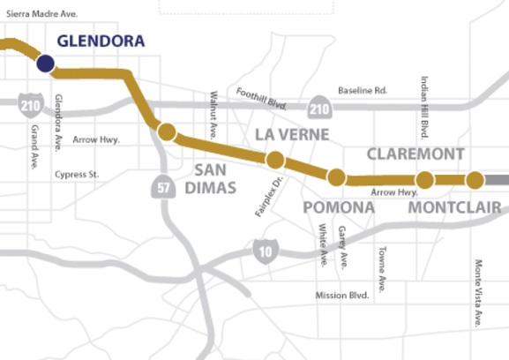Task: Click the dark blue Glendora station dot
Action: click(x=45, y=64)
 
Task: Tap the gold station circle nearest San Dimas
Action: click(x=167, y=133)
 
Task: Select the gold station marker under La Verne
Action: click(x=274, y=160)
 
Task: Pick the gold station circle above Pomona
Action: click(x=336, y=177)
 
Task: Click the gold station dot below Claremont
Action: click(x=424, y=180)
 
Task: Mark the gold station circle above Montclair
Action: click(x=475, y=181)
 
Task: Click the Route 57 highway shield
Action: click(x=161, y=188)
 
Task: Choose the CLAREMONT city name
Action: click(x=415, y=154)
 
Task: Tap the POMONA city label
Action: click(x=339, y=207)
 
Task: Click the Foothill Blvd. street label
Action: click(x=263, y=97)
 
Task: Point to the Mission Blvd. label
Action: click(x=341, y=296)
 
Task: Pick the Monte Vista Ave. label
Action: click(x=478, y=292)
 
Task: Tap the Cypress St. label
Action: click(x=77, y=175)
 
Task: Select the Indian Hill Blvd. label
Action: click(x=424, y=107)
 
